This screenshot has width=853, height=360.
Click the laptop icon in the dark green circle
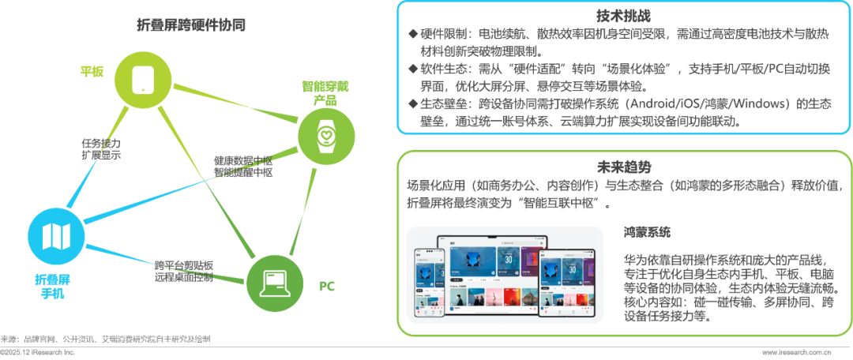click(x=275, y=279)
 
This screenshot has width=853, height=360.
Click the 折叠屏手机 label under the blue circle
click(x=55, y=287)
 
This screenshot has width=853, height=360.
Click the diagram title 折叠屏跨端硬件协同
click(x=190, y=24)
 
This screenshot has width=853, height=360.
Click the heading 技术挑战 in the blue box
click(x=624, y=17)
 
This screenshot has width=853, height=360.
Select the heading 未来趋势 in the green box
click(x=624, y=167)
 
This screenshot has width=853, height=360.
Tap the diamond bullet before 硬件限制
click(x=411, y=35)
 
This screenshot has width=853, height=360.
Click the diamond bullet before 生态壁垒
click(x=411, y=104)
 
